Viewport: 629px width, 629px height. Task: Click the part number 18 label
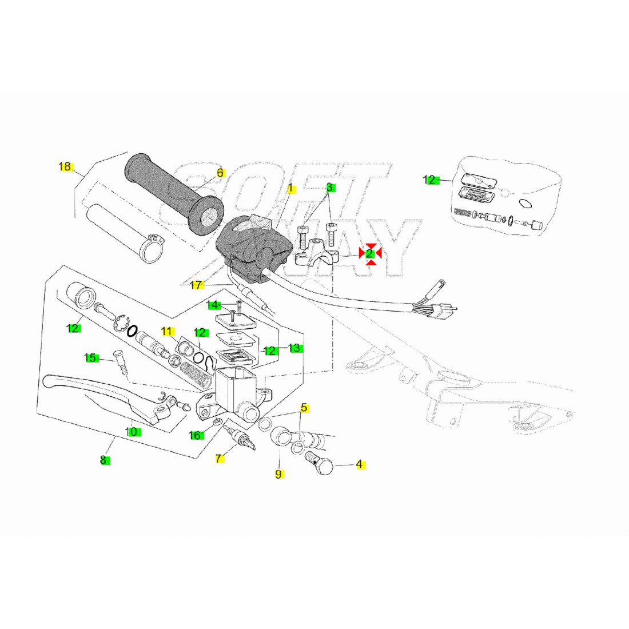pyautogui.click(x=65, y=167)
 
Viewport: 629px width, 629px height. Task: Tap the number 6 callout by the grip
pyautogui.click(x=220, y=173)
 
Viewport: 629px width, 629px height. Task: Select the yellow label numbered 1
pyautogui.click(x=290, y=188)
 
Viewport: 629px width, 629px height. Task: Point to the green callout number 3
pyautogui.click(x=330, y=188)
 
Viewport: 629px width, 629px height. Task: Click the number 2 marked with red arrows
pyautogui.click(x=370, y=253)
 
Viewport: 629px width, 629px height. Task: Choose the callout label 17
pyautogui.click(x=196, y=285)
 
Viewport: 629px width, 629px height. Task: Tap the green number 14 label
pyautogui.click(x=213, y=305)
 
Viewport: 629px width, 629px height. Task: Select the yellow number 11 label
pyautogui.click(x=166, y=331)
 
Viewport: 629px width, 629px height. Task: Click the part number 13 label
pyautogui.click(x=294, y=348)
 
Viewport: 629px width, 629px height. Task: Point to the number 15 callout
pyautogui.click(x=90, y=358)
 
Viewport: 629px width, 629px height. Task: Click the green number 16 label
pyautogui.click(x=196, y=436)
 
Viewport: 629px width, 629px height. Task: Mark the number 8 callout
pyautogui.click(x=103, y=460)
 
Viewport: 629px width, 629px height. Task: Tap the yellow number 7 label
pyautogui.click(x=218, y=459)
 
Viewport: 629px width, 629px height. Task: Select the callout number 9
pyautogui.click(x=278, y=474)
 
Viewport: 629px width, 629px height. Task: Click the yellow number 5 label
pyautogui.click(x=304, y=408)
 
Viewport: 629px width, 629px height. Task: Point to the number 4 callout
pyautogui.click(x=359, y=464)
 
